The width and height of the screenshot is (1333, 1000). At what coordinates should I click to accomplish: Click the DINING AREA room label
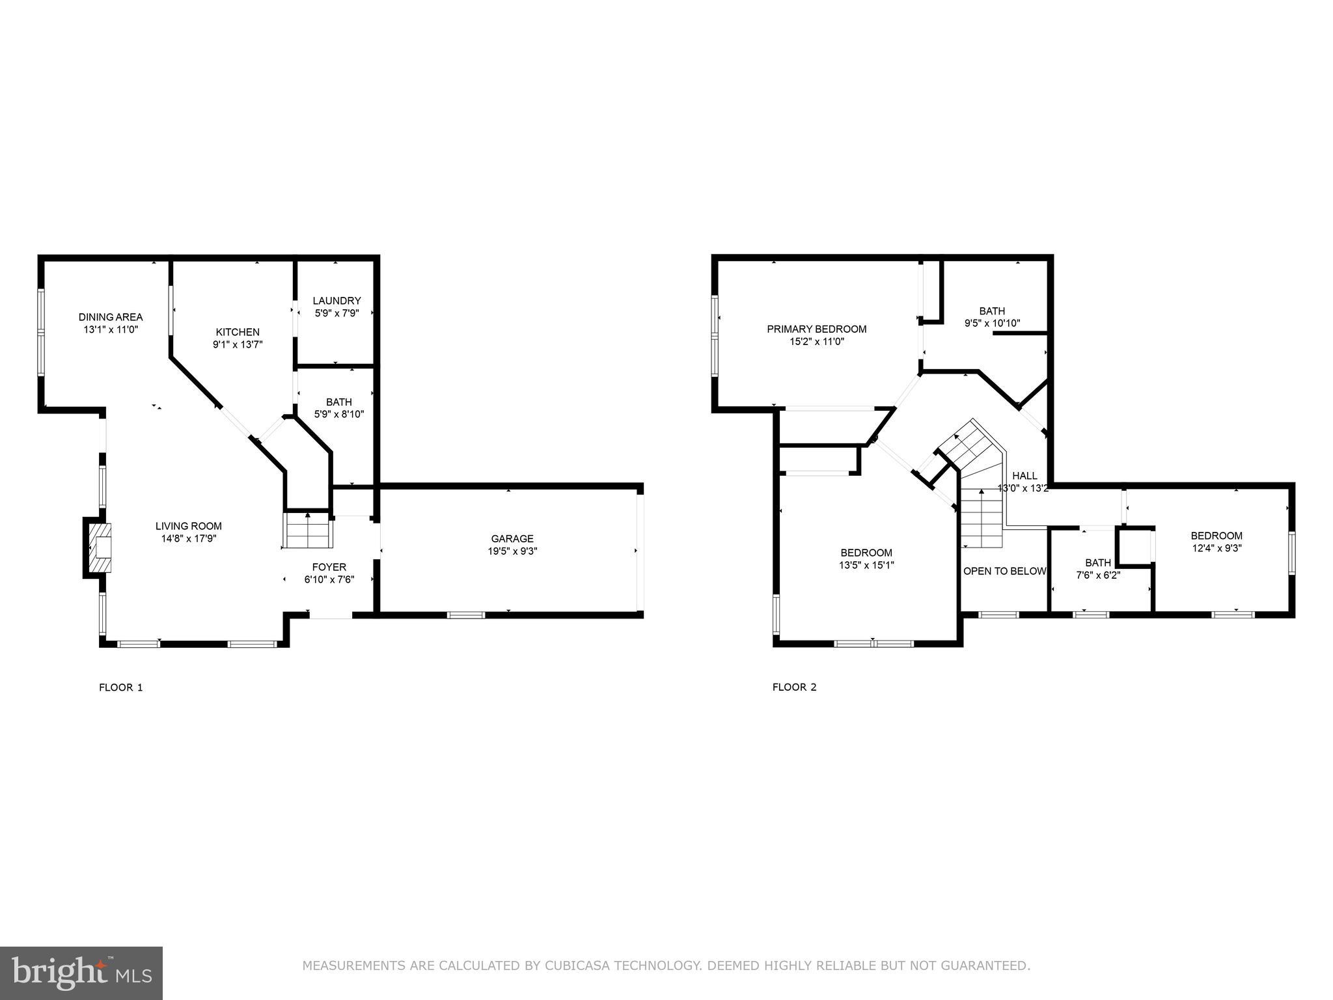[111, 317]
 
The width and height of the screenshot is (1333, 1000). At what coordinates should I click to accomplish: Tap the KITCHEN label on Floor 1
[238, 332]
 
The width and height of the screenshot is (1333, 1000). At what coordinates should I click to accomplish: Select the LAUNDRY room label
[337, 301]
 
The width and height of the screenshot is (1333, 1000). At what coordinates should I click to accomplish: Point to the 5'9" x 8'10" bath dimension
[338, 414]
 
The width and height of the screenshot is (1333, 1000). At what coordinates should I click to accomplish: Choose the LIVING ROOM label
[188, 526]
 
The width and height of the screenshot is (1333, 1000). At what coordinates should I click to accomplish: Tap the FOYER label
[329, 567]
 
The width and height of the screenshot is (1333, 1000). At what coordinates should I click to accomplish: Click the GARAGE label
[512, 538]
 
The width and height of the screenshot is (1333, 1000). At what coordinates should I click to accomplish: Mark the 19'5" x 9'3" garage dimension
[512, 551]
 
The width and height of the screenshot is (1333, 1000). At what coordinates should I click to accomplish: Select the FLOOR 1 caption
[120, 687]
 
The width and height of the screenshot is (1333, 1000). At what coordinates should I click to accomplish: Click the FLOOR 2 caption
[794, 687]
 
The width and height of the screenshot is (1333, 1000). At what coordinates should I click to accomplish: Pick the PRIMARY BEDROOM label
[816, 329]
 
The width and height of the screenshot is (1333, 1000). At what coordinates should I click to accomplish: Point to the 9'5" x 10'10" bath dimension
[992, 323]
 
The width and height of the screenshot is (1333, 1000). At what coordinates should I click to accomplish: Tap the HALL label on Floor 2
[1024, 476]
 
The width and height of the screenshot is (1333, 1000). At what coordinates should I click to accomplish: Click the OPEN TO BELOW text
[1004, 571]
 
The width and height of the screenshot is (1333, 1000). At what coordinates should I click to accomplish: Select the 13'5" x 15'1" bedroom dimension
[866, 565]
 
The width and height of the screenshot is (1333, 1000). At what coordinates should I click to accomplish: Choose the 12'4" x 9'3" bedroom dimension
[1216, 548]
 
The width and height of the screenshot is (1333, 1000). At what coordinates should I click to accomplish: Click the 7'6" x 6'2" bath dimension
[1098, 575]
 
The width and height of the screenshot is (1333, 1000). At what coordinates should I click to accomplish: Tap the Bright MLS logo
[81, 973]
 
